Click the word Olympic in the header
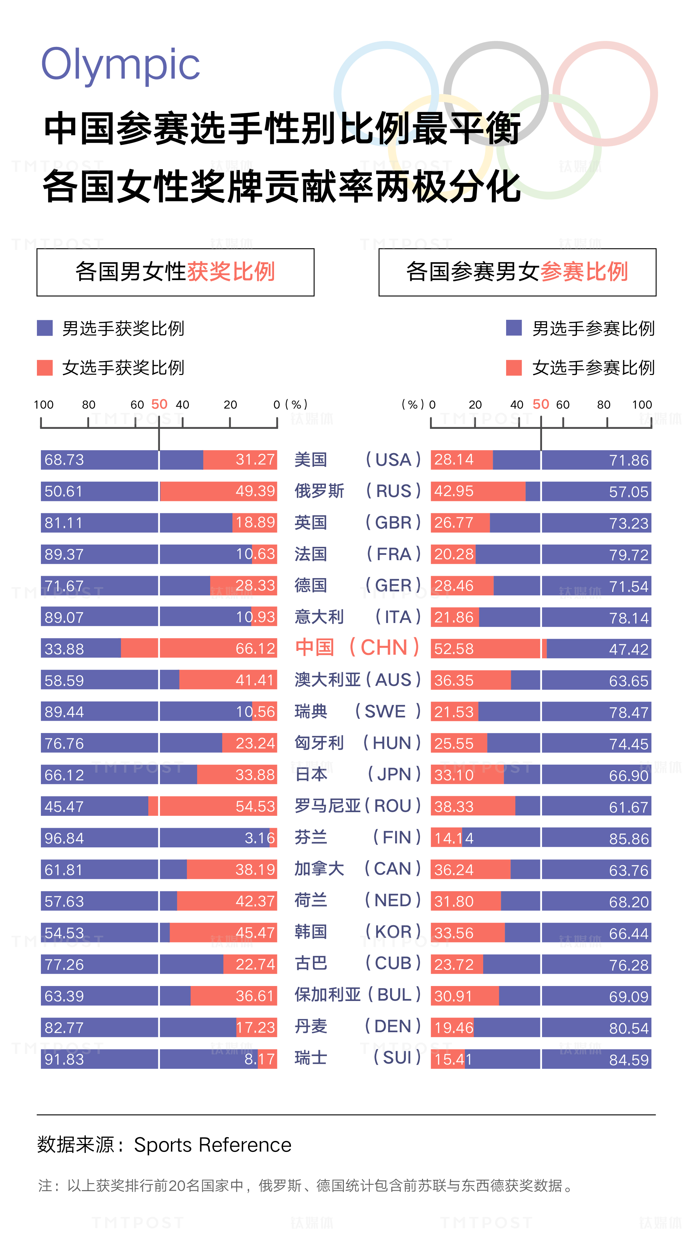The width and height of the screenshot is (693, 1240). tap(120, 65)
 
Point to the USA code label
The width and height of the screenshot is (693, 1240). tap(393, 460)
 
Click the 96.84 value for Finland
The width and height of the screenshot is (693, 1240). tap(64, 838)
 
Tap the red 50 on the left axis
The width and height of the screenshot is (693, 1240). tap(159, 404)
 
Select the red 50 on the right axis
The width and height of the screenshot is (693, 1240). tap(541, 404)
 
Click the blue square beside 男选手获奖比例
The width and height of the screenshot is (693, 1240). tap(45, 328)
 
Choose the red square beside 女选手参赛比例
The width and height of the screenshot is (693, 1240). tap(514, 368)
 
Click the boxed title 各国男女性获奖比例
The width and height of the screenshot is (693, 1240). tap(175, 272)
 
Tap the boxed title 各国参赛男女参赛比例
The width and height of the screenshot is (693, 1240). tap(517, 272)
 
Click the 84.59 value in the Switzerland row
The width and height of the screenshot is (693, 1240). tap(629, 1059)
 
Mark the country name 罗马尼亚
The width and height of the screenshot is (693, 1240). tap(328, 806)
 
